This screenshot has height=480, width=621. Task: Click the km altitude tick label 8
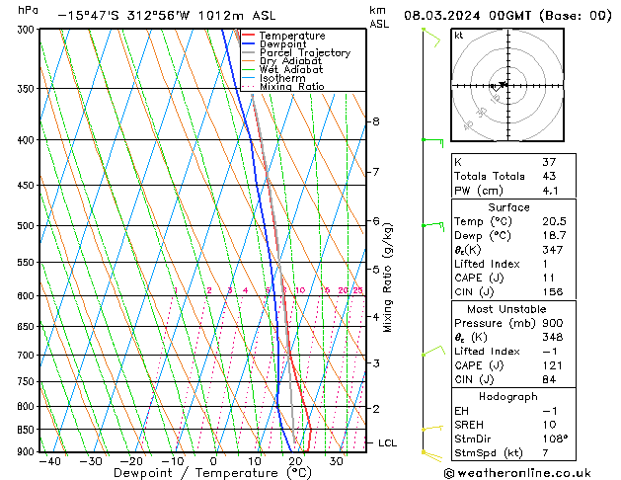[376, 121]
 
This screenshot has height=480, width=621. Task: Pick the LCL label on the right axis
[388, 443]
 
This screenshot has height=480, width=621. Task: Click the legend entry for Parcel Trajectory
[304, 53]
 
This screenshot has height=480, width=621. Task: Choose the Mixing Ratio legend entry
[291, 87]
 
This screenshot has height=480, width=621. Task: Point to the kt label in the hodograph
[458, 35]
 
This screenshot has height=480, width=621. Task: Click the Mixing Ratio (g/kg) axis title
[388, 278]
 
